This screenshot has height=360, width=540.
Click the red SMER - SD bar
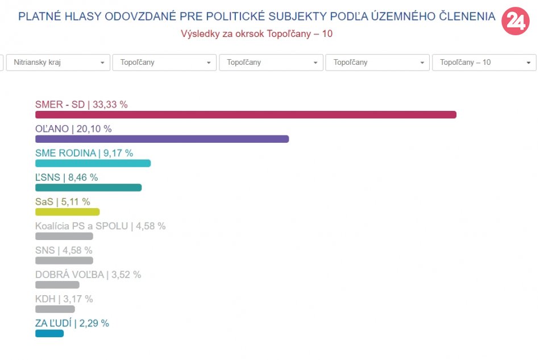pyautogui.click(x=246, y=115)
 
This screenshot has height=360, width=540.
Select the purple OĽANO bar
pyautogui.click(x=162, y=139)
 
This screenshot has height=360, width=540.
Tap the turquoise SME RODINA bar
pyautogui.click(x=93, y=163)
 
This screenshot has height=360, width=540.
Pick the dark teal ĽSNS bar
pyautogui.click(x=88, y=188)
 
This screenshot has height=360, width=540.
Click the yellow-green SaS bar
pyautogui.click(x=67, y=212)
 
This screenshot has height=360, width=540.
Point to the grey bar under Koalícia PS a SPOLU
pyautogui.click(x=64, y=236)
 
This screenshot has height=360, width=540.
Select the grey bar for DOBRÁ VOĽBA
pyautogui.click(x=57, y=285)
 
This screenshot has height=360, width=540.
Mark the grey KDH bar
pyautogui.click(x=55, y=309)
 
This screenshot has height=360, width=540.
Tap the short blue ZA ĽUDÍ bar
pyautogui.click(x=49, y=333)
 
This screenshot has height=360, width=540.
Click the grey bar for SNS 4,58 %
pyautogui.click(x=64, y=260)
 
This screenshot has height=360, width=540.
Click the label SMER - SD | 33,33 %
pyautogui.click(x=81, y=105)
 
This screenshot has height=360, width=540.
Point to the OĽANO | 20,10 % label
pyautogui.click(x=73, y=129)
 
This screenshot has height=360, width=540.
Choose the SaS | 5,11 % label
pyautogui.click(x=63, y=201)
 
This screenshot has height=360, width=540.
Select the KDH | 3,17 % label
pyautogui.click(x=64, y=299)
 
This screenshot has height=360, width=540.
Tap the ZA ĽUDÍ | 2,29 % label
pyautogui.click(x=72, y=323)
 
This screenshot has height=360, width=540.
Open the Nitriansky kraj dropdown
pyautogui.click(x=58, y=63)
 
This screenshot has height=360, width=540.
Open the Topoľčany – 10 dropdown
pyautogui.click(x=484, y=63)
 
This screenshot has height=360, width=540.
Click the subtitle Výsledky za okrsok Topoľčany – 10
pyautogui.click(x=256, y=34)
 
